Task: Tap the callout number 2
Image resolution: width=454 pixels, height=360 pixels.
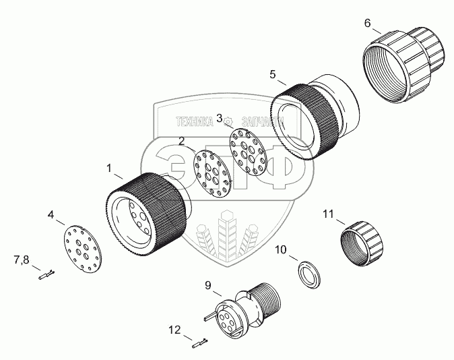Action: [x=182, y=141]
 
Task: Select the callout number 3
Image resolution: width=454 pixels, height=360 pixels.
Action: [x=220, y=118]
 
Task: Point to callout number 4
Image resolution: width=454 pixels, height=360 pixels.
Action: [x=51, y=216]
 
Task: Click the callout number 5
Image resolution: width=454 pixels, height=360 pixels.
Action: [x=272, y=73]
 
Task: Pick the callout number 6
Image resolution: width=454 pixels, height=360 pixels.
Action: [x=367, y=23]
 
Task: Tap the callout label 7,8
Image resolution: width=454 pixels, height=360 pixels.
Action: [x=22, y=258]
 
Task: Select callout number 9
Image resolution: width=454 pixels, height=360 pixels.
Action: [x=209, y=285]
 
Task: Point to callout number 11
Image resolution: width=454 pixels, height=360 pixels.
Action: [x=328, y=214]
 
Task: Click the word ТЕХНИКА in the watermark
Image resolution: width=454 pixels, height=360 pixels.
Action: [x=196, y=122]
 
